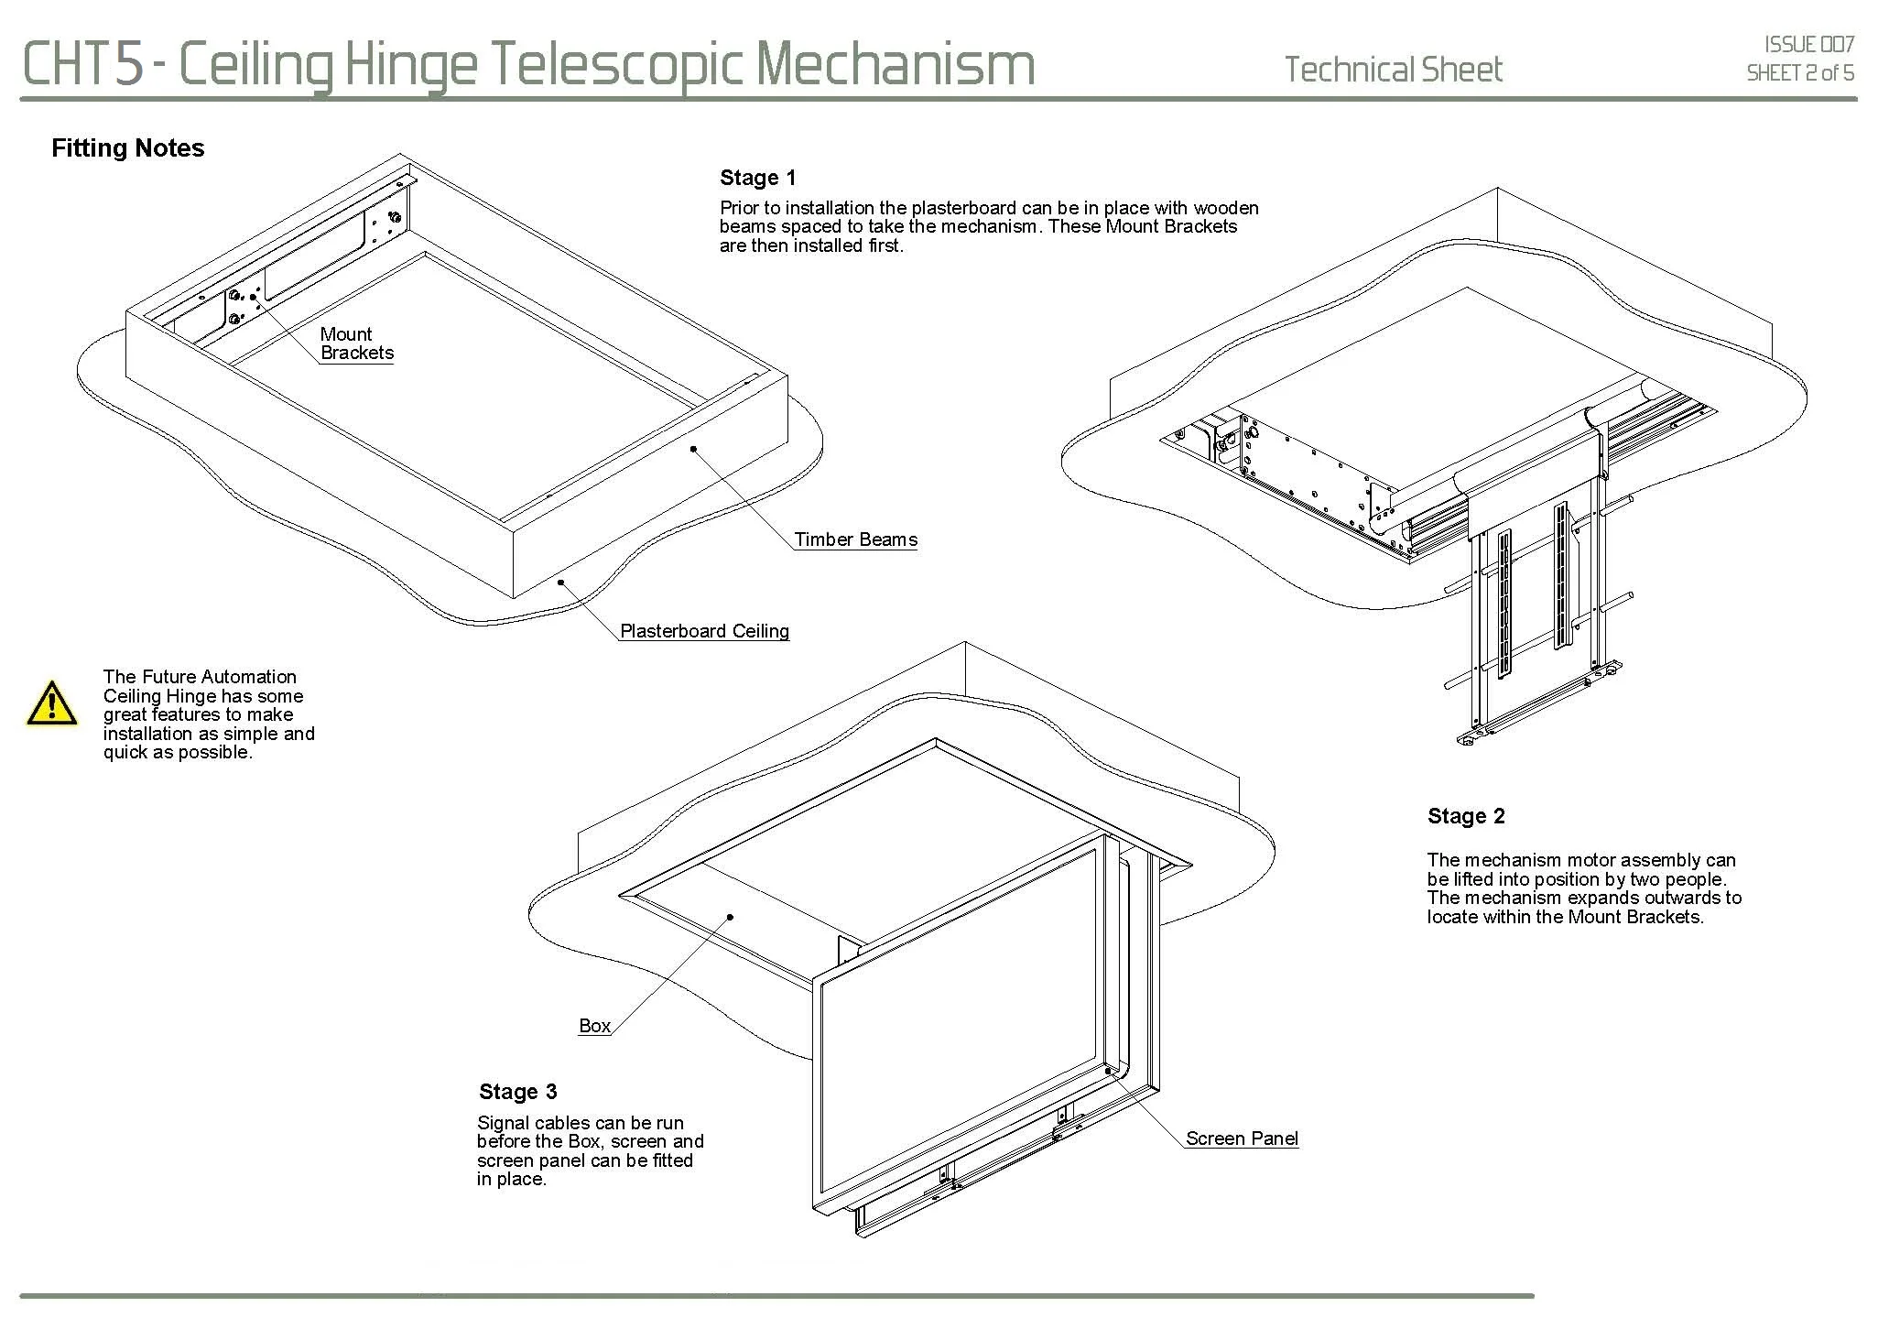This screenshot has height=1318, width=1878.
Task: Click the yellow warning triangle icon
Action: tap(52, 703)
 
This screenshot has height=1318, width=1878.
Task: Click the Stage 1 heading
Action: tap(757, 178)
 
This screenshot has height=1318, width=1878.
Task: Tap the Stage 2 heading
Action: tap(1465, 816)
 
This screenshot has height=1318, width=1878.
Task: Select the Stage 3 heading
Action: tap(517, 1092)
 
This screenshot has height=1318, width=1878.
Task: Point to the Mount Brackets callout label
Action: tap(356, 343)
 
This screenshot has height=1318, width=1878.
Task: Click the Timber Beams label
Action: tap(855, 539)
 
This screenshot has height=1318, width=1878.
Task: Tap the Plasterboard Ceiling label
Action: tap(704, 631)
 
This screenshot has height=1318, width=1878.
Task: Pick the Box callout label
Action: tap(594, 1026)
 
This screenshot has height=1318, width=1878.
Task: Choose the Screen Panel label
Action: tap(1242, 1138)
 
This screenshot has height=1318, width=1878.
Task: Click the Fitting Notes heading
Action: tap(127, 148)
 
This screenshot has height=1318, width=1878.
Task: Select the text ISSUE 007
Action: tap(1809, 44)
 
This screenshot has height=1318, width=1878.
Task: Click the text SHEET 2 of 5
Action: tap(1800, 73)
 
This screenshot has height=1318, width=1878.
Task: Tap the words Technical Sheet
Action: tap(1393, 70)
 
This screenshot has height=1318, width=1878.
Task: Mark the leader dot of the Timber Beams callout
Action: tap(693, 449)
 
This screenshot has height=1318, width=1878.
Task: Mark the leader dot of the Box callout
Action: tap(731, 916)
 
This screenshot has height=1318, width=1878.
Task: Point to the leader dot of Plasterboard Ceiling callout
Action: tap(559, 582)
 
